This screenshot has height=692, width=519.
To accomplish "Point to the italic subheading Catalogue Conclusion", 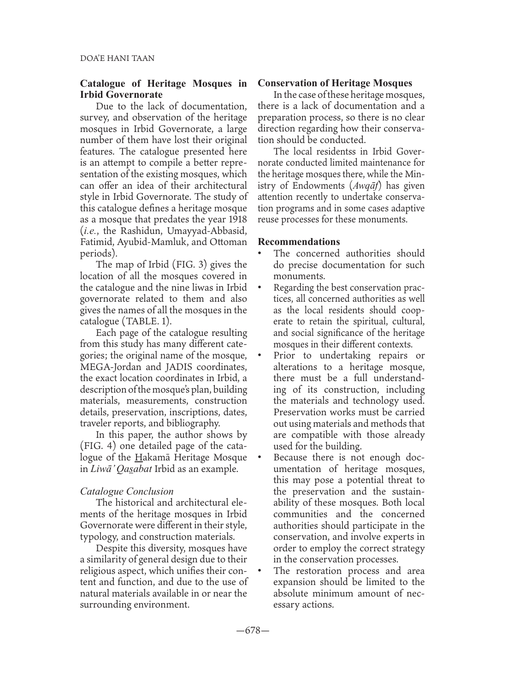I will coord(127,491).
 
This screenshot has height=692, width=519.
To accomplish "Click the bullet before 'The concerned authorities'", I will coord(261,254).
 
